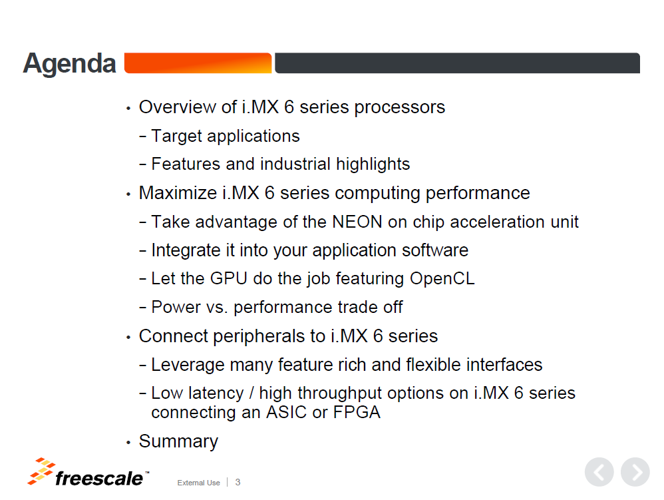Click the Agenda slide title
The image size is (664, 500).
coord(69,64)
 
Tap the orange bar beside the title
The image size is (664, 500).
coord(198,63)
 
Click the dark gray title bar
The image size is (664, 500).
coord(457,63)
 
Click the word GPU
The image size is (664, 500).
coord(229,278)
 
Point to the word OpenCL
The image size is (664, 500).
coord(442,279)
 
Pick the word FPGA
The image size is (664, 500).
coord(357,412)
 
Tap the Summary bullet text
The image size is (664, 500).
coord(178,442)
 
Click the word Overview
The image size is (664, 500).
coord(188,107)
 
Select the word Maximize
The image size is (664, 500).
coord(178,193)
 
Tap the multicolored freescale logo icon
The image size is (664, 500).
coord(41,471)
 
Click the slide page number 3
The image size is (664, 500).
coord(238,482)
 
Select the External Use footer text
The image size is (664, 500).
coord(199,483)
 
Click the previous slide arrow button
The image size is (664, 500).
coord(599,472)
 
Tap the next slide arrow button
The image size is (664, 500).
coord(635,472)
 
